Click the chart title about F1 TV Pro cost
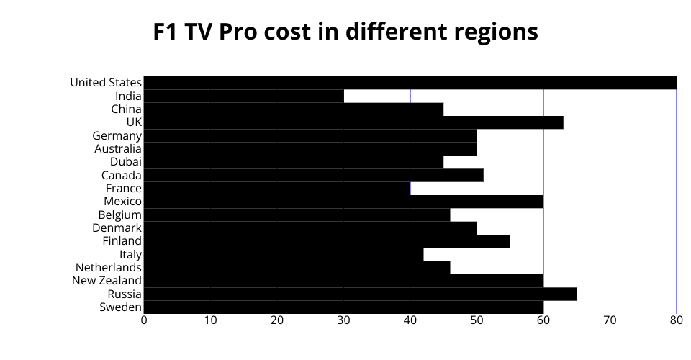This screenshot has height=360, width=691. point(345,32)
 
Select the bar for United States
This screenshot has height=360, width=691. point(410,83)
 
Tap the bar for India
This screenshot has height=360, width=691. point(244,96)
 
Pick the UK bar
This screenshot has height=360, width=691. point(353,122)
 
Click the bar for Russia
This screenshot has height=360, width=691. point(360,294)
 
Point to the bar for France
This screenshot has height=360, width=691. point(277,188)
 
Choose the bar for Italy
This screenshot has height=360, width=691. point(284,254)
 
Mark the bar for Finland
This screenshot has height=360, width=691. point(327,241)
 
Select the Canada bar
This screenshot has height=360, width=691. point(314,175)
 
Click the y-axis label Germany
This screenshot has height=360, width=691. point(117,135)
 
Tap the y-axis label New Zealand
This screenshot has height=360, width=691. point(107,280)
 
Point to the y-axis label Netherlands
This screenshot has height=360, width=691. point(109,267)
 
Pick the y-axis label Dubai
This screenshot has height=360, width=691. point(126,162)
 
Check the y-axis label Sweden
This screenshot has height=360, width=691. point(120,307)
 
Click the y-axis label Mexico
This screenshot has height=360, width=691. point(122,201)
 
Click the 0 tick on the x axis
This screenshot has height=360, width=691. point(144,320)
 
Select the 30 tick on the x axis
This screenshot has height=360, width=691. point(343,320)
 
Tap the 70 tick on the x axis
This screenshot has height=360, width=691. point(610,320)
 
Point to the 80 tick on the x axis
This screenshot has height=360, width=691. point(676,320)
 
